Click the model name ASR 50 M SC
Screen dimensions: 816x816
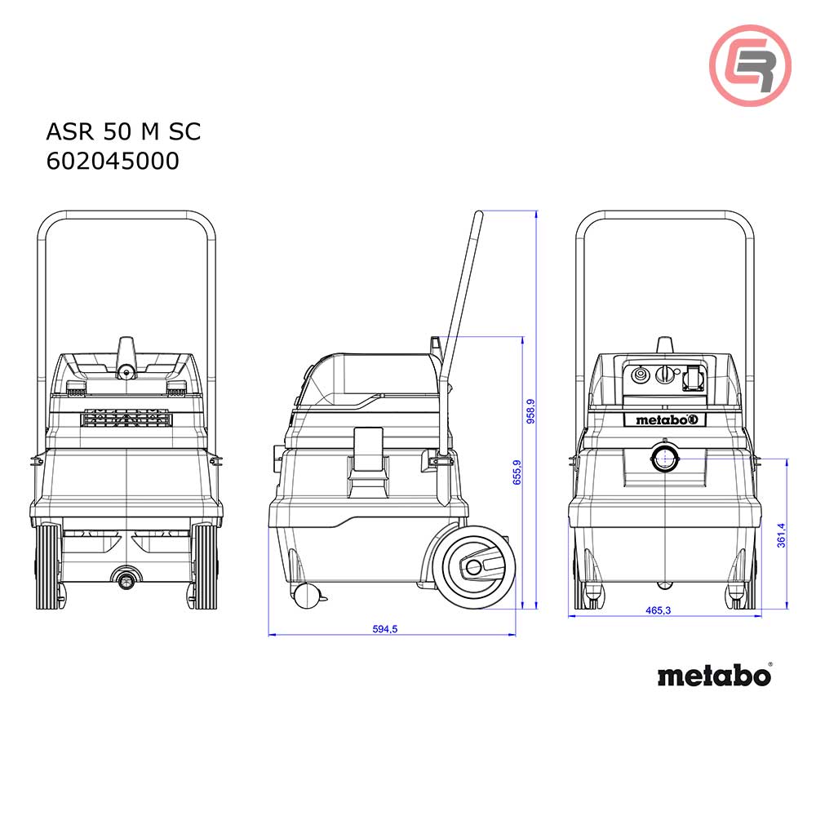[123, 131]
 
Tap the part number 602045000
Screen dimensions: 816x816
[113, 162]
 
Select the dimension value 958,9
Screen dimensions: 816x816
[530, 413]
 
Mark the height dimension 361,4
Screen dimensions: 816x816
[781, 535]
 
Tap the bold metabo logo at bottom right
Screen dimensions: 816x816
[714, 676]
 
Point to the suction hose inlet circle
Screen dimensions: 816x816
[665, 457]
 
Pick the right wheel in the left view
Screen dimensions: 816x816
[206, 567]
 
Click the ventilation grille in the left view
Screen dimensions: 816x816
[126, 419]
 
